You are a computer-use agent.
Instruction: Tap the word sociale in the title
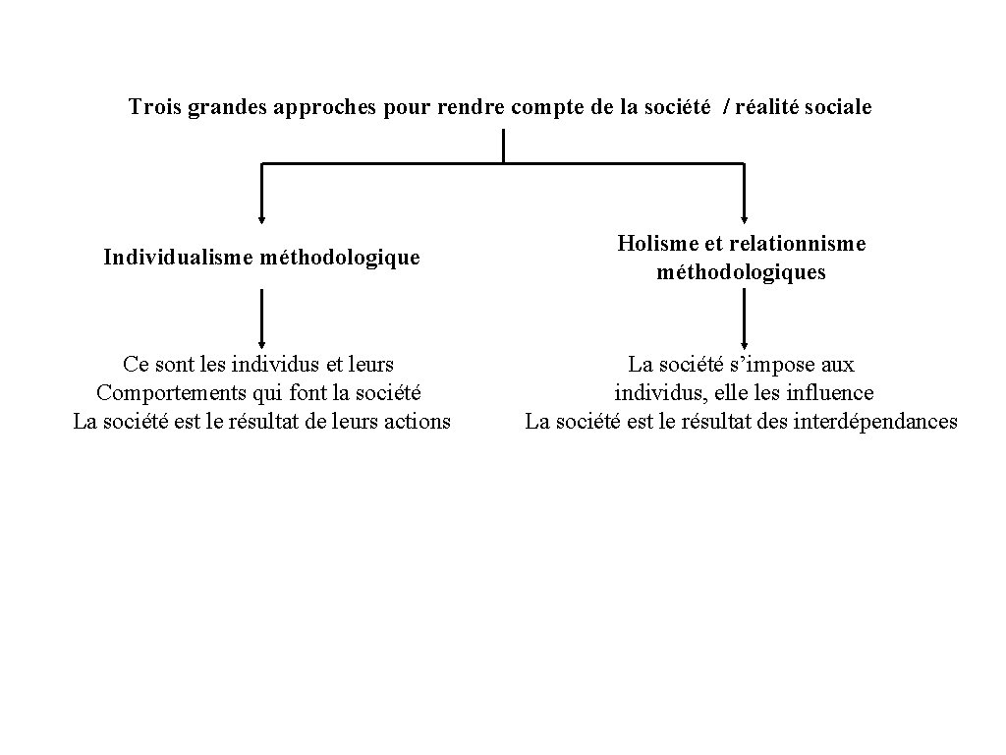click(x=837, y=107)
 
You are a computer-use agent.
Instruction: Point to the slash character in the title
click(x=727, y=107)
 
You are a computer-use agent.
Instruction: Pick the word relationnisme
click(x=798, y=244)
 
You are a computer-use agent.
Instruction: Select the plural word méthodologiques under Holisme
click(x=742, y=272)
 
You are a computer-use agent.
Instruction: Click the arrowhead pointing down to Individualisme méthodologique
click(x=261, y=219)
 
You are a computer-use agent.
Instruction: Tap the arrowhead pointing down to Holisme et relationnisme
click(x=744, y=219)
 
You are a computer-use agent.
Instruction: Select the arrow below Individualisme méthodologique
click(x=261, y=319)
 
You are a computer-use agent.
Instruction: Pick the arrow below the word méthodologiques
click(x=744, y=319)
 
